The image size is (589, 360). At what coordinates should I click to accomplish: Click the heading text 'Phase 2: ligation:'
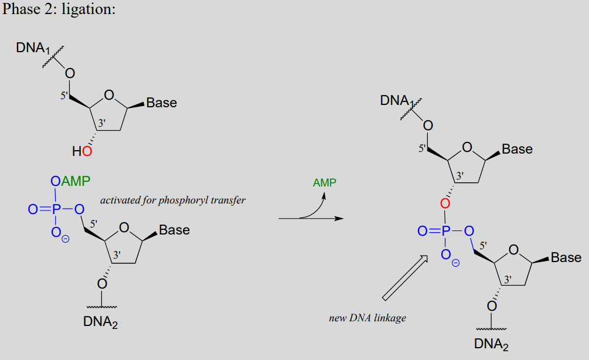[59, 9]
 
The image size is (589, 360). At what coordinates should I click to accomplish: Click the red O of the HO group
[87, 151]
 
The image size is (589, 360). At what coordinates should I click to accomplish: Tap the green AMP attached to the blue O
[76, 181]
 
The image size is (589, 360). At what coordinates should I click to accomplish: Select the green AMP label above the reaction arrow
[325, 182]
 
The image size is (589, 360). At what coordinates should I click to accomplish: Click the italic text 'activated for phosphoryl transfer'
[173, 201]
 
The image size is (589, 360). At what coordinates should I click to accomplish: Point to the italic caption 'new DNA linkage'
[367, 318]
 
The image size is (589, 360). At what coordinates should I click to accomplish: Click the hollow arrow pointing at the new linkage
[405, 278]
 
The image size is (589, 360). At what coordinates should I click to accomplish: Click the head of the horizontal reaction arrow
[339, 218]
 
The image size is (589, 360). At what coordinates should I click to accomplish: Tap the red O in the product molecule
[445, 203]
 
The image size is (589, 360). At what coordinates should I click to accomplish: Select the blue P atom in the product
[445, 231]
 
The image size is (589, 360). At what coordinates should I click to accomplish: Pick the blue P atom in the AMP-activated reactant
[56, 209]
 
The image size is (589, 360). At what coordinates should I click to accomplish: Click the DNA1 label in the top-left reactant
[33, 48]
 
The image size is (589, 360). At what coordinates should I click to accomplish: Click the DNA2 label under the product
[491, 344]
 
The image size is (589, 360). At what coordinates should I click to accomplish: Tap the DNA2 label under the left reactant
[100, 322]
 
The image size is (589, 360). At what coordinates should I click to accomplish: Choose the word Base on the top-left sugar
[162, 103]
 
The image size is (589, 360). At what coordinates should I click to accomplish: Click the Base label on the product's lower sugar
[566, 257]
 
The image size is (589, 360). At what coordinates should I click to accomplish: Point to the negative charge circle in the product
[455, 263]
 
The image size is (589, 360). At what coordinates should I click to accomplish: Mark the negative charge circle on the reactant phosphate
[66, 239]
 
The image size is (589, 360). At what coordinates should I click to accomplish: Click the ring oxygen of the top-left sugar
[109, 95]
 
